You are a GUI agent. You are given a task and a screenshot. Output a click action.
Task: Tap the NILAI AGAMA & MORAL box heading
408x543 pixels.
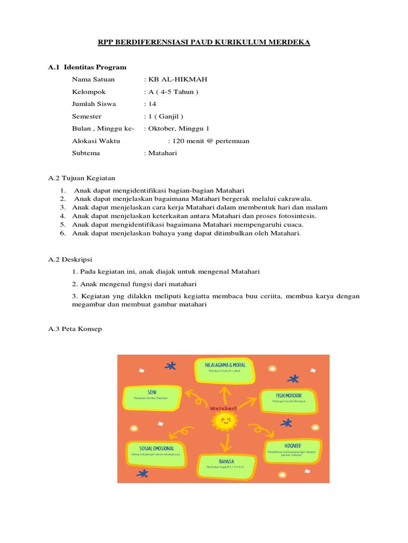pos(225,365)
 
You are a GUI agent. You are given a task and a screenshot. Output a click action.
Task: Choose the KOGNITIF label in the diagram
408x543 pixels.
pos(293,445)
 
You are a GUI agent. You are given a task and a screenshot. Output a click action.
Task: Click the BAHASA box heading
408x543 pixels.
pos(226,461)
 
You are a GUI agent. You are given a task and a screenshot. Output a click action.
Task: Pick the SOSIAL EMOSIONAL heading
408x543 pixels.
pos(156,449)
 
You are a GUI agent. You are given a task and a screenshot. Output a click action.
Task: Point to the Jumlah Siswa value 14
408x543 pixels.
pos(152,104)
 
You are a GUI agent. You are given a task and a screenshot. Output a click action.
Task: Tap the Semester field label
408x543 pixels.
pos(87,116)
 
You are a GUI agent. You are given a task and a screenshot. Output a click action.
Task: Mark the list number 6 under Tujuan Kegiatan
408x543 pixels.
pos(62,233)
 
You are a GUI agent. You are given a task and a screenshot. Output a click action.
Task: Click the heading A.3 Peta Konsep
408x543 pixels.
pos(75,329)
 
